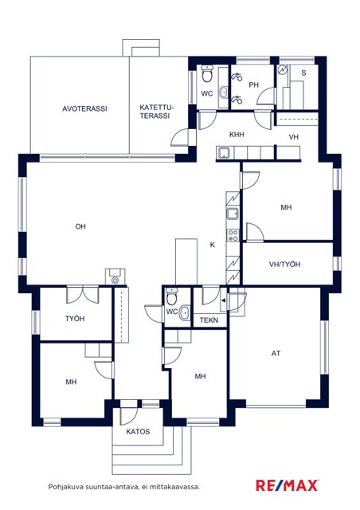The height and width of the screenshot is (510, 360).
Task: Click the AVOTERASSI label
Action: click(x=84, y=108)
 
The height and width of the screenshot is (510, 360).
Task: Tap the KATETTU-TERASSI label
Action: click(x=157, y=112)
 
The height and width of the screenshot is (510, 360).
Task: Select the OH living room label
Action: click(x=80, y=226)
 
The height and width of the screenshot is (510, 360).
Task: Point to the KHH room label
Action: click(x=237, y=135)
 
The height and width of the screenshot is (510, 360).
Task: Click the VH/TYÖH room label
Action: click(x=284, y=264)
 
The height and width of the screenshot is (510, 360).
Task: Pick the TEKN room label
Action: click(x=209, y=320)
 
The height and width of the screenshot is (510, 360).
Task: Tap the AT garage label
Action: click(x=276, y=353)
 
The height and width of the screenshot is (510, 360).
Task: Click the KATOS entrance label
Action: click(x=138, y=432)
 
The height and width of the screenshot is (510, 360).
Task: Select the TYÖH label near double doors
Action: click(x=75, y=319)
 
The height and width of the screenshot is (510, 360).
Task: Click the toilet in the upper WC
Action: click(x=206, y=74)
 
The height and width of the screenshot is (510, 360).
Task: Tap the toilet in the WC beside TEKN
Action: click(x=170, y=296)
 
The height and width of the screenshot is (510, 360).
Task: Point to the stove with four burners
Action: click(x=233, y=235)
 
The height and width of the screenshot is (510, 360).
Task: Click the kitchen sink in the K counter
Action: click(x=233, y=214)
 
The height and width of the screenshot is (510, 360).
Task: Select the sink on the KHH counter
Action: click(x=224, y=152)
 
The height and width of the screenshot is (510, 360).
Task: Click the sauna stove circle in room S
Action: click(x=283, y=70)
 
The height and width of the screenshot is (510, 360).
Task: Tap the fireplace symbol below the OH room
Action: click(x=115, y=277)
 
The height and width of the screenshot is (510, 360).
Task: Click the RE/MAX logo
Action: click(x=288, y=485)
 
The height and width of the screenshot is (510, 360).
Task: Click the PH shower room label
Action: click(x=253, y=85)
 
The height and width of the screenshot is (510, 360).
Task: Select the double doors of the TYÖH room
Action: click(x=83, y=295)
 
